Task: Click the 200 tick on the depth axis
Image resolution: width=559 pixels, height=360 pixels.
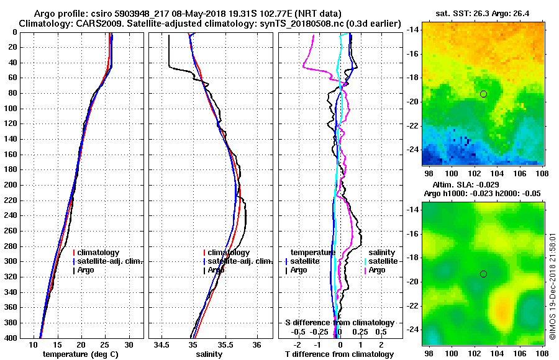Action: [x=11, y=185]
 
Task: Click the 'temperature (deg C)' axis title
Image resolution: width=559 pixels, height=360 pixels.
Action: [x=80, y=354]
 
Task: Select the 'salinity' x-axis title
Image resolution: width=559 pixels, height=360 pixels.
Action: [x=208, y=354]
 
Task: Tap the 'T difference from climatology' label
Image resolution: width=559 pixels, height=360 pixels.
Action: [x=339, y=354]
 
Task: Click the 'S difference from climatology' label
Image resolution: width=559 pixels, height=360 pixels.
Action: [x=340, y=323]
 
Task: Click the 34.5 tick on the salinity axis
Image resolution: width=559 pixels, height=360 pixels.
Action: [x=162, y=344]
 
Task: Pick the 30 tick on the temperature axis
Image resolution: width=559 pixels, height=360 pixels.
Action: [x=129, y=344]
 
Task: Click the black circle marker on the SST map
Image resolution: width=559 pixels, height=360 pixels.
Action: [x=483, y=94]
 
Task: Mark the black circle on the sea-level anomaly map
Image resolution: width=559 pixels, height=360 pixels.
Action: [x=483, y=274]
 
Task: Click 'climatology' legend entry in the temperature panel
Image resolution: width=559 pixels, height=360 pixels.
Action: [x=99, y=253]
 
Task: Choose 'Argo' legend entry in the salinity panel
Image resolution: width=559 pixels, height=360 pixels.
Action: [x=216, y=270]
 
